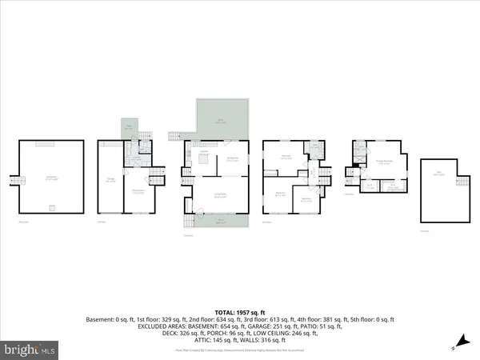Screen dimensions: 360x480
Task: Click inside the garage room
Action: (x=110, y=180)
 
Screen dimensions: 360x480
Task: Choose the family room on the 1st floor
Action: (x=138, y=191)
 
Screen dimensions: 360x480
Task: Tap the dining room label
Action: (x=234, y=159)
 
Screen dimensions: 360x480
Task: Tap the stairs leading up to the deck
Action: (x=177, y=135)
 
